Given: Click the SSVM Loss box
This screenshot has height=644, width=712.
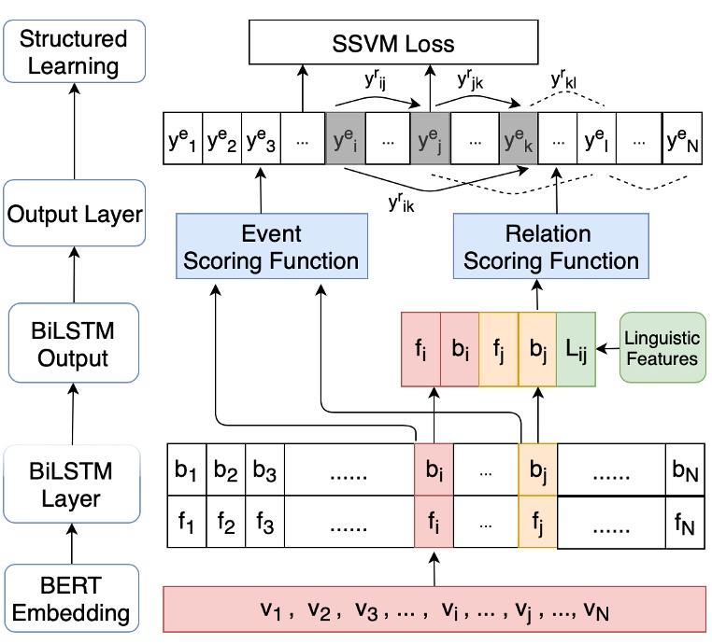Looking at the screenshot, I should click(x=393, y=43).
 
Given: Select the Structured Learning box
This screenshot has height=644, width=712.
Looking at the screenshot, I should click(x=73, y=53).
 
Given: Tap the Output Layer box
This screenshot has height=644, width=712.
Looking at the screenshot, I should click(x=75, y=214).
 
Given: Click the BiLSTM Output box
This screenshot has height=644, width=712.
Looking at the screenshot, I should click(x=73, y=344).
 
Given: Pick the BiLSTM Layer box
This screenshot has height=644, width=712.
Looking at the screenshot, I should click(x=73, y=484).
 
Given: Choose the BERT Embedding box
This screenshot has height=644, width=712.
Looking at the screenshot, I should click(x=73, y=600).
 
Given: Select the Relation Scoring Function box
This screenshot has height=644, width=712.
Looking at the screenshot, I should click(x=551, y=246).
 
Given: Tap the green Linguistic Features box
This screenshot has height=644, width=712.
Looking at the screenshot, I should click(x=661, y=345).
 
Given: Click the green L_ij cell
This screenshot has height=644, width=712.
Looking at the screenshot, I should click(x=575, y=345).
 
